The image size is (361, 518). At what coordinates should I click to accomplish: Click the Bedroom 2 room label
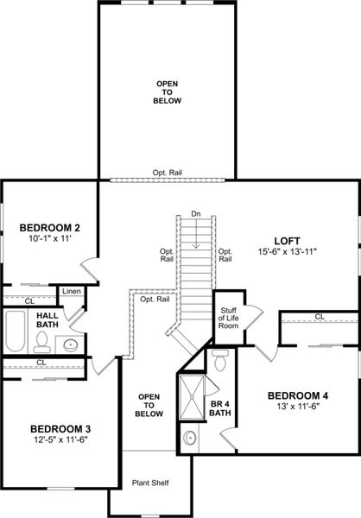(x=50, y=228)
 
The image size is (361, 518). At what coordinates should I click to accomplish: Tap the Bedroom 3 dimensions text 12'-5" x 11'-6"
(x=60, y=440)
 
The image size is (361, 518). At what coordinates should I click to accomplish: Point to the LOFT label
(x=288, y=240)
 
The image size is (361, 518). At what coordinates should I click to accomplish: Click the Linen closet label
(x=72, y=292)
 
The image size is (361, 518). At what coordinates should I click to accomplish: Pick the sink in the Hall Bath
(x=71, y=345)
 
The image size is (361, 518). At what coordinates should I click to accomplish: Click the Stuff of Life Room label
(x=229, y=318)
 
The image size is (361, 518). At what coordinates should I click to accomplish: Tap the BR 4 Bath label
(x=220, y=408)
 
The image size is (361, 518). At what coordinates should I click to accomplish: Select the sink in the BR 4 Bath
(x=190, y=439)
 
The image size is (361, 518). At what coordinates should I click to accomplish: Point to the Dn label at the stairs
(x=196, y=213)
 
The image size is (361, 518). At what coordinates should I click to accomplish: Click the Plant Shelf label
(x=148, y=483)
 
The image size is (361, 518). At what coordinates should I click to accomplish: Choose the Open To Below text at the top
(x=167, y=92)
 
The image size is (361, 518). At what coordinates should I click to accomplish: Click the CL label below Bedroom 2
(x=28, y=300)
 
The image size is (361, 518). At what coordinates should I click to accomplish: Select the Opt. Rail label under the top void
(x=166, y=172)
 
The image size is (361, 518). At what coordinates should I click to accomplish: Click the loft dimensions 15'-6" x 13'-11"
(x=288, y=252)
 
